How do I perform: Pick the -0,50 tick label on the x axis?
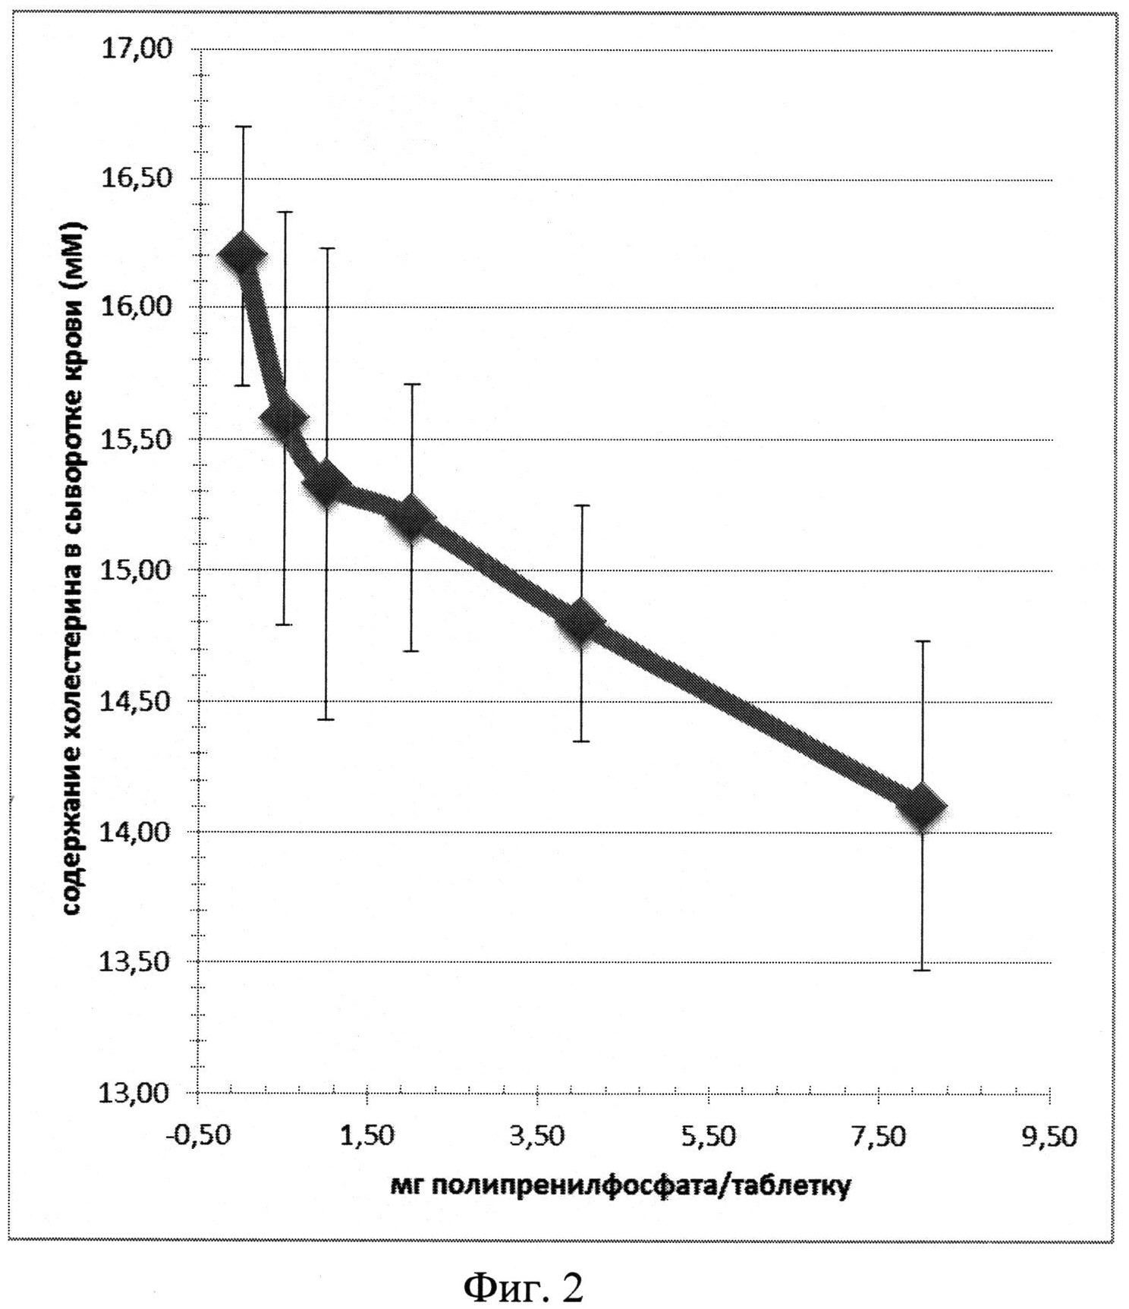[x=197, y=1137]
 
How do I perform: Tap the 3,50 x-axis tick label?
[x=539, y=1137]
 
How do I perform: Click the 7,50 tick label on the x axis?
[x=879, y=1137]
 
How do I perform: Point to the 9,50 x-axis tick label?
[x=1050, y=1137]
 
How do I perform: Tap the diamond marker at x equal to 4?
[x=582, y=622]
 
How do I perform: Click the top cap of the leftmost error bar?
[x=242, y=127]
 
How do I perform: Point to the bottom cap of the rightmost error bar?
[x=923, y=970]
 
